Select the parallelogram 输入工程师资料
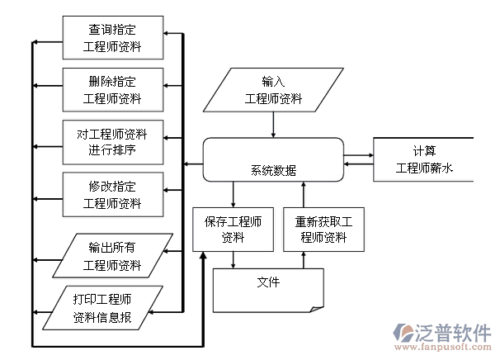273,90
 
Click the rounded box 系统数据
273,160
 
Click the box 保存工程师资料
233,229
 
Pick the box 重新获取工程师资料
323,229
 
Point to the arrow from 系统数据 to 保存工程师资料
233,195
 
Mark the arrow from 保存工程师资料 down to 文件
233,259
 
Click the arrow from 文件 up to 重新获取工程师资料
304,259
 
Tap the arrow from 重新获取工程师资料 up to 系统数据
304,195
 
